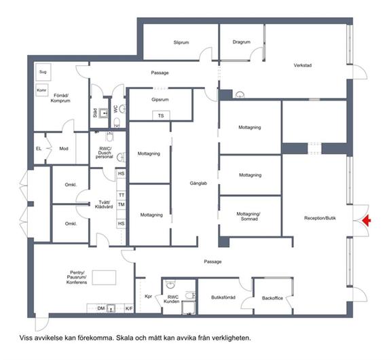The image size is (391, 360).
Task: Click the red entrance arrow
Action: click(367, 221)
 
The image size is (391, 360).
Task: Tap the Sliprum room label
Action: click(181, 42)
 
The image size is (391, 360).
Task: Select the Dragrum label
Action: click(242, 42)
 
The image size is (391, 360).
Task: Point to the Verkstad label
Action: click(303, 65)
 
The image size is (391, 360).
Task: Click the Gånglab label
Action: click(198, 183)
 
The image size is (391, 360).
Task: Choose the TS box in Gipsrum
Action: click(161, 115)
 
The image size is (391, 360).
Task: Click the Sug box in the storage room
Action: click(43, 72)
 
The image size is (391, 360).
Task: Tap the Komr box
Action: click(41, 90)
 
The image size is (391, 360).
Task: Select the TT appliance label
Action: click(122, 195)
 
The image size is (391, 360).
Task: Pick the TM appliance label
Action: click(122, 204)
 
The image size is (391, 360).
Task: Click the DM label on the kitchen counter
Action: click(101, 308)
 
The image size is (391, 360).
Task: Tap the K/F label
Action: click(129, 308)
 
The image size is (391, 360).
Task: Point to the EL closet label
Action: click(39, 149)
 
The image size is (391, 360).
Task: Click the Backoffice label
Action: click(272, 298)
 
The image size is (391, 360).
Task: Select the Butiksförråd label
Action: click(223, 298)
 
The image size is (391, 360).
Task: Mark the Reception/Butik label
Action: click(320, 218)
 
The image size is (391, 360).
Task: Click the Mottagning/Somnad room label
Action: click(248, 216)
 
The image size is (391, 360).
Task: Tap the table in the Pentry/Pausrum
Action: click(104, 277)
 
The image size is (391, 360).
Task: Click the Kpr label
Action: click(149, 296)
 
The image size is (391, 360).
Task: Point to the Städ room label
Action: click(95, 113)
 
